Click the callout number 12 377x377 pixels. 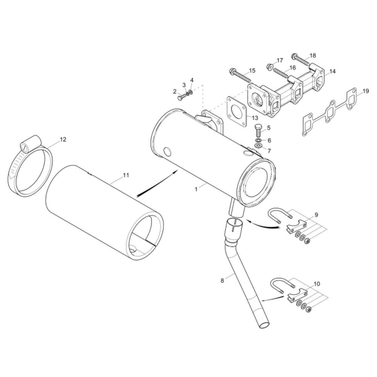coord(63,139)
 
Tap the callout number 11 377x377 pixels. coord(126,175)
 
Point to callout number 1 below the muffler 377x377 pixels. coord(196,189)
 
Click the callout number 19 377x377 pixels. coord(366,91)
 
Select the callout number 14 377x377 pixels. coord(332,71)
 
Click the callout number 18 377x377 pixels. coord(313,55)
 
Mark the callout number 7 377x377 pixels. coord(269,151)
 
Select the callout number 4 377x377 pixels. coord(192,80)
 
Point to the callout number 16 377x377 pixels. coord(293,68)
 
